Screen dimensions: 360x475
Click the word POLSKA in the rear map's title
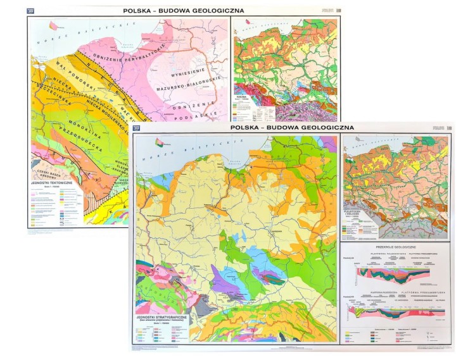tap(141, 10)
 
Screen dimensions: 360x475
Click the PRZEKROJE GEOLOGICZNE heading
tap(396, 247)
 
